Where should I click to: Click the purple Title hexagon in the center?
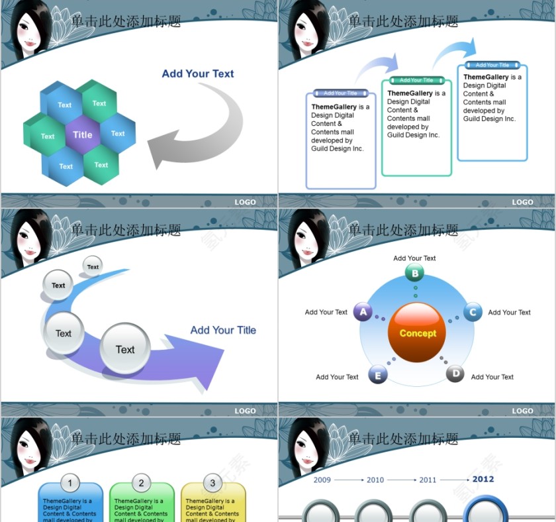click(x=83, y=134)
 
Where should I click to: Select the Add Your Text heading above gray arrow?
click(x=198, y=74)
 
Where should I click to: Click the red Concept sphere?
click(x=418, y=333)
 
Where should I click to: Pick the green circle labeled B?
click(x=415, y=272)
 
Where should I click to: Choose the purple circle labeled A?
click(x=363, y=312)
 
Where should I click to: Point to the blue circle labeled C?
click(x=473, y=312)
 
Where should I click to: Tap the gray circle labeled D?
click(x=455, y=374)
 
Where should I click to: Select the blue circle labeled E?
click(x=377, y=375)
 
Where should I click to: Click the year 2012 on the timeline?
click(x=483, y=479)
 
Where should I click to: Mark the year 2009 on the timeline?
click(x=322, y=480)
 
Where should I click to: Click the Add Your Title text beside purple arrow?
click(x=223, y=330)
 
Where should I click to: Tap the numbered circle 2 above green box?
click(x=141, y=483)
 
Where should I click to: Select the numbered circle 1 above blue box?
click(x=70, y=483)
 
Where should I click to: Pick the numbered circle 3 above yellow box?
click(x=212, y=483)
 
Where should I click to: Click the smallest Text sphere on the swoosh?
click(x=93, y=267)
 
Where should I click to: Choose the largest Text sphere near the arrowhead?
click(x=125, y=349)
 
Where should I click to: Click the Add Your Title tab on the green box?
click(x=416, y=80)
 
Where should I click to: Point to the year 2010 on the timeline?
click(x=375, y=480)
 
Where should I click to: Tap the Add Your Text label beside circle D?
click(x=492, y=377)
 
